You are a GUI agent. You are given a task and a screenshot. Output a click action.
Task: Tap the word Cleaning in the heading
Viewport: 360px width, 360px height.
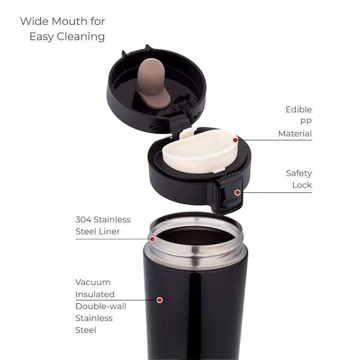[81, 37]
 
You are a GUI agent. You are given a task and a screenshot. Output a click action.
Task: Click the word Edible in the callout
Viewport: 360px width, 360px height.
[298, 110]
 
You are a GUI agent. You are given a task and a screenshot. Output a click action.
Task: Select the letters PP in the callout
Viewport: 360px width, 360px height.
[306, 122]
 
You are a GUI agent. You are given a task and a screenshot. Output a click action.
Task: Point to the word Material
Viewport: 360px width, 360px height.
[295, 134]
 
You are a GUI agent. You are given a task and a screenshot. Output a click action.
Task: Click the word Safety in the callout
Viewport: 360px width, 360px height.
[299, 173]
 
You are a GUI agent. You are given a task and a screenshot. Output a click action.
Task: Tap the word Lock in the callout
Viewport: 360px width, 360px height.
[302, 185]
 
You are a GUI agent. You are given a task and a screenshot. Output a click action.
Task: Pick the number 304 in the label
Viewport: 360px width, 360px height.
[83, 219]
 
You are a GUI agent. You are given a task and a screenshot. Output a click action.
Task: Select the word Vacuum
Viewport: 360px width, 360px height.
[93, 282]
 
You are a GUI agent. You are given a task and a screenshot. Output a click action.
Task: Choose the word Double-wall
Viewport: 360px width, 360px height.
[101, 306]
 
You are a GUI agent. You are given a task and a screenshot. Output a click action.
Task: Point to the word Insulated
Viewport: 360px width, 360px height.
[95, 294]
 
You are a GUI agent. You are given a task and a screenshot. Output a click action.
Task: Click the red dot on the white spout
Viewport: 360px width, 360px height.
[235, 140]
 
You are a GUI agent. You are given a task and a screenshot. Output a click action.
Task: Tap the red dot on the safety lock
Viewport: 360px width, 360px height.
[238, 192]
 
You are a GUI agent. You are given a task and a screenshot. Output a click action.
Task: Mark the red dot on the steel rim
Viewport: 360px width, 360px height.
[152, 239]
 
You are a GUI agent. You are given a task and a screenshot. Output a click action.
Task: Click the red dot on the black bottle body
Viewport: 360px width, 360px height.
[160, 300]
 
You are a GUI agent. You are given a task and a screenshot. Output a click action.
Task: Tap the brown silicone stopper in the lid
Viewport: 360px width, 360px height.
[152, 83]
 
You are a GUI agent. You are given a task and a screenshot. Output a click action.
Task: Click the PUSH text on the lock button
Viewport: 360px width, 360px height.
[230, 201]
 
